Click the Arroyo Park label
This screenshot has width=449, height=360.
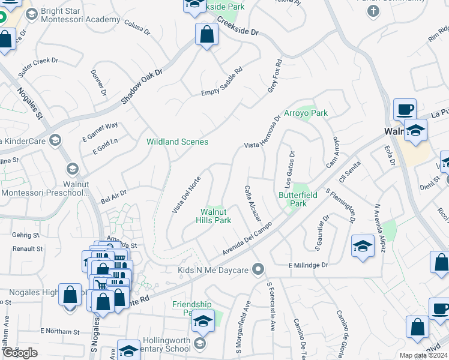pos(306,113)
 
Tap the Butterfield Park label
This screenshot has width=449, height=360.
pos(297,199)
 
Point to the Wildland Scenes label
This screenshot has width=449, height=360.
pos(177,142)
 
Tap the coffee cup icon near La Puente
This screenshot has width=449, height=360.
pos(405,110)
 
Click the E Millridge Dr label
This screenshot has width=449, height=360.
pos(309,265)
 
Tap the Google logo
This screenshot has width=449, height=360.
pos(20,353)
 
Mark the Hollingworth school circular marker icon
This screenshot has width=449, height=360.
pos(200,344)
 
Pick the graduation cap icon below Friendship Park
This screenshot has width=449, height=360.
pos(203,321)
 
